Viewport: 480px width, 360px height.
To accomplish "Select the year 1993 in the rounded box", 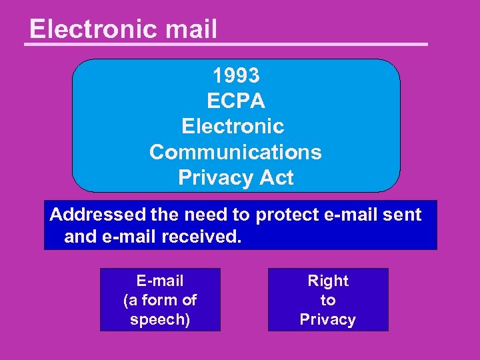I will (x=236, y=75).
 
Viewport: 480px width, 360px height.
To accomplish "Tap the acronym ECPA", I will (x=236, y=101).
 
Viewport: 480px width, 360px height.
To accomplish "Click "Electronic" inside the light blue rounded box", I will (x=233, y=126).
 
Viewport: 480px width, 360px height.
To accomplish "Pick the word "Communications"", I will (x=235, y=152).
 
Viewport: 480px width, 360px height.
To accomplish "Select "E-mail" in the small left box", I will (x=160, y=281).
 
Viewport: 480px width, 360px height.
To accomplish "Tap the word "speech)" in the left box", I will (x=160, y=319).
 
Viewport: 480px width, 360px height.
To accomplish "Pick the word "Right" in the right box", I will (x=328, y=281).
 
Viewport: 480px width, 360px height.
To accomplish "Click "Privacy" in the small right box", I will (x=328, y=319).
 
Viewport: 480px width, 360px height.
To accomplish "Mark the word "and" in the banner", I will (x=79, y=237).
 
